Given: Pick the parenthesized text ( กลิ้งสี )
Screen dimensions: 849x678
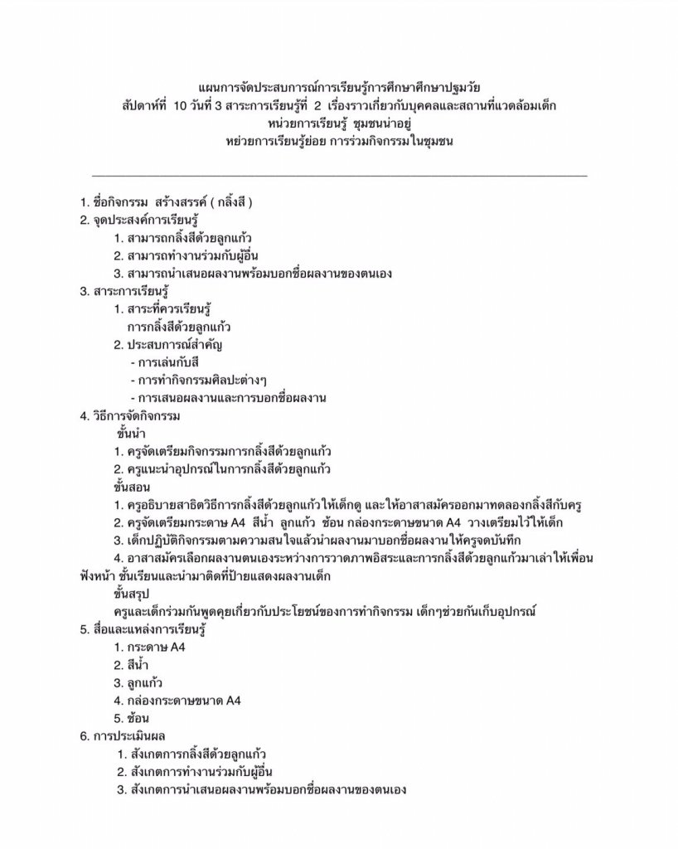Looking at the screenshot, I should point(230,203).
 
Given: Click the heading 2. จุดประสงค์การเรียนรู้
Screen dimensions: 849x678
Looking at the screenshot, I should point(140,221).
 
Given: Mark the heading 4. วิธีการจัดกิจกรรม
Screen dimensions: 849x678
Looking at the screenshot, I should point(130,415).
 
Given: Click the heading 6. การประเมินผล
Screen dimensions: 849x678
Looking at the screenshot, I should point(127,736).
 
